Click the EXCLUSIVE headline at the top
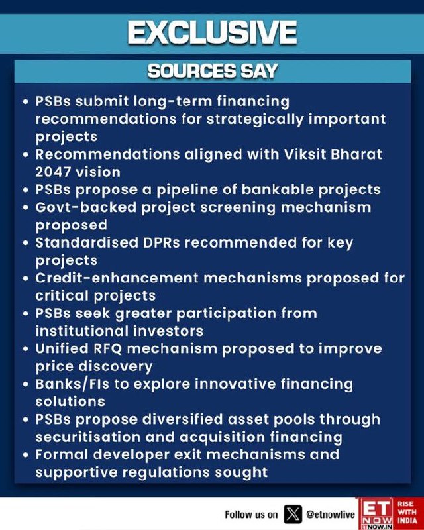[212, 32]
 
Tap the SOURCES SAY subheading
[213, 71]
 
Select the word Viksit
[305, 154]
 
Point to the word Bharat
[356, 154]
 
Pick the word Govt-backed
[86, 207]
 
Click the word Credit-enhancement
[117, 278]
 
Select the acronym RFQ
[107, 349]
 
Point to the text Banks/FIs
[72, 384]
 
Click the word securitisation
[88, 437]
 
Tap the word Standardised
[87, 242]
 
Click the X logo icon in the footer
[293, 514]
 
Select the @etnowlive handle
[331, 515]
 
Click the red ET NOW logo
[376, 513]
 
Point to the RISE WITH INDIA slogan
[407, 512]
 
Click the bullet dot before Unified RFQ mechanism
[25, 349]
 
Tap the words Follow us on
[251, 515]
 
